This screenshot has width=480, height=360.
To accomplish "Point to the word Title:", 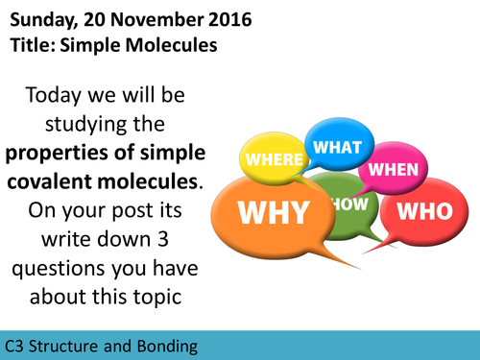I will click(33, 43).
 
